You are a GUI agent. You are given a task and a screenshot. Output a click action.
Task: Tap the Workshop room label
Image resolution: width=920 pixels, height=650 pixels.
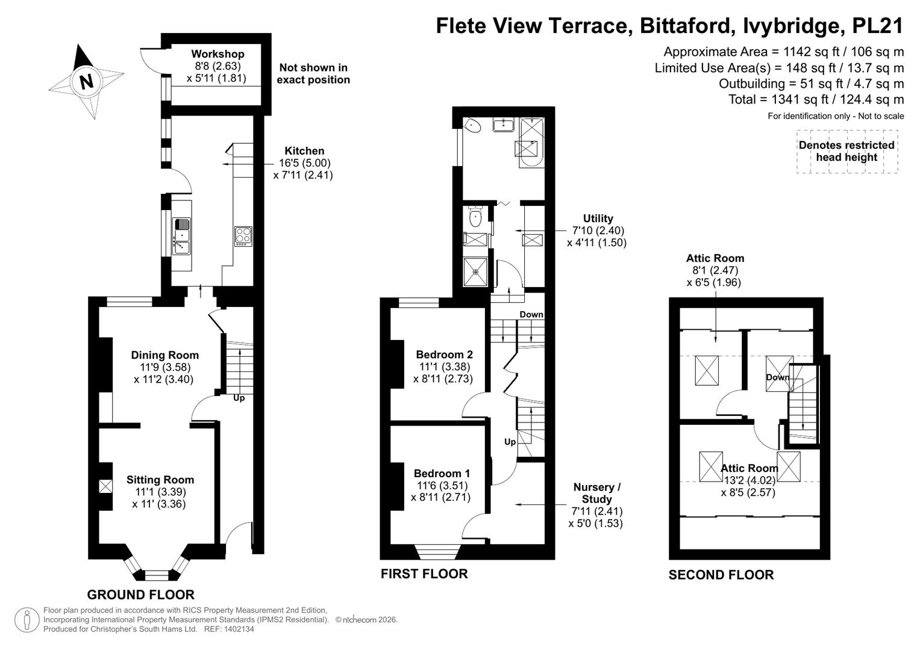(x=217, y=54)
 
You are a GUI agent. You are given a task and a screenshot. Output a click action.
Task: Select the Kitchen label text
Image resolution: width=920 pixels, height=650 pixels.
(x=304, y=150)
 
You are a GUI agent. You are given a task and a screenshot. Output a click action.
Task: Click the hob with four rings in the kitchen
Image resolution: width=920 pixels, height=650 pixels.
(x=243, y=237)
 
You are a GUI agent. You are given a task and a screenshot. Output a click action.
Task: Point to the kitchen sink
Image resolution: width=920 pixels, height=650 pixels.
(x=181, y=236)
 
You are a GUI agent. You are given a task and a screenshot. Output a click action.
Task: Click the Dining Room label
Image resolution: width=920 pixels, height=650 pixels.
(x=164, y=355)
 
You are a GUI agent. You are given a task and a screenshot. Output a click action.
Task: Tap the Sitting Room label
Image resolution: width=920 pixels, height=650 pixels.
(x=160, y=480)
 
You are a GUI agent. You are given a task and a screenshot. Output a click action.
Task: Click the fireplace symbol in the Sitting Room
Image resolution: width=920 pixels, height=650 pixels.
(x=105, y=486)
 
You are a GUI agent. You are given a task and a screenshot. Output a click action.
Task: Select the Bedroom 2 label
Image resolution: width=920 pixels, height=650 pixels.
(x=445, y=354)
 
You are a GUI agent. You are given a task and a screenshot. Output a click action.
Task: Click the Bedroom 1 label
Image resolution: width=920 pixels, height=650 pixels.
(x=442, y=473)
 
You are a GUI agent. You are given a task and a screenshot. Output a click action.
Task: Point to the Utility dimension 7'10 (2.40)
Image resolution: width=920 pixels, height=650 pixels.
(x=598, y=230)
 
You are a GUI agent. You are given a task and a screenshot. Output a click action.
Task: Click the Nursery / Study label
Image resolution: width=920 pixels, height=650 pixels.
(x=597, y=493)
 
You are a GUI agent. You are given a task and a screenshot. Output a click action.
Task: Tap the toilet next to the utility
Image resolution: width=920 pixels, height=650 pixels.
(x=475, y=217)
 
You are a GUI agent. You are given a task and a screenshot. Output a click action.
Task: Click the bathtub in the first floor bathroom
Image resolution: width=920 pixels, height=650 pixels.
(x=532, y=143)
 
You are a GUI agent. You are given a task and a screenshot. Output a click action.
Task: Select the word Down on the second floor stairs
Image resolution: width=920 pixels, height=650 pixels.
(x=777, y=377)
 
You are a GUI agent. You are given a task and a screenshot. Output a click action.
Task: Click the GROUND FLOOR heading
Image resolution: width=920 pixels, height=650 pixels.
(x=140, y=595)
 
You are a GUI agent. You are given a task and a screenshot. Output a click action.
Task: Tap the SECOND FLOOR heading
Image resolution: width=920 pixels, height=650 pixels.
(x=721, y=575)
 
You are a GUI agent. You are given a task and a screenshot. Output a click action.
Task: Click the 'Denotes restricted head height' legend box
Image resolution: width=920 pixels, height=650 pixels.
(x=847, y=152)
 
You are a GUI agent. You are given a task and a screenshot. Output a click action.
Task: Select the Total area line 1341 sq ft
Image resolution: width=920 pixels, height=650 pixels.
(x=816, y=99)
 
